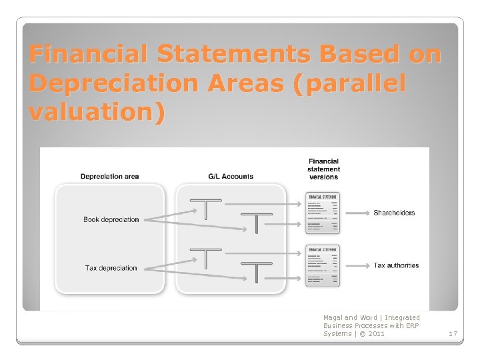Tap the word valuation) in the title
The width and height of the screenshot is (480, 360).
tap(96, 111)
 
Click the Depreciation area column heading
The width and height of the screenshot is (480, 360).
tap(109, 177)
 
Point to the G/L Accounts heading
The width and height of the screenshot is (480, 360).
tap(231, 177)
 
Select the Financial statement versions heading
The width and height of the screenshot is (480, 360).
tap(323, 169)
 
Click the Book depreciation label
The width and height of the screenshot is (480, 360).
tap(111, 219)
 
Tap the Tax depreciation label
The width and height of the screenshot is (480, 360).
tap(111, 268)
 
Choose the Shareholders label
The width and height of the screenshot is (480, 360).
tap(393, 213)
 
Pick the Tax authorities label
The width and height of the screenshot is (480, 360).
tap(396, 265)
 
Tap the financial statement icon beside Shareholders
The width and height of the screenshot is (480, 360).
tap(323, 213)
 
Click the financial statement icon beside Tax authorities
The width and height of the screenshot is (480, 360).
tap(323, 266)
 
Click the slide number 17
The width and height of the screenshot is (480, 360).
tap(453, 333)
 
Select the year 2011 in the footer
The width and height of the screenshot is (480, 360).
tap(375, 333)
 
